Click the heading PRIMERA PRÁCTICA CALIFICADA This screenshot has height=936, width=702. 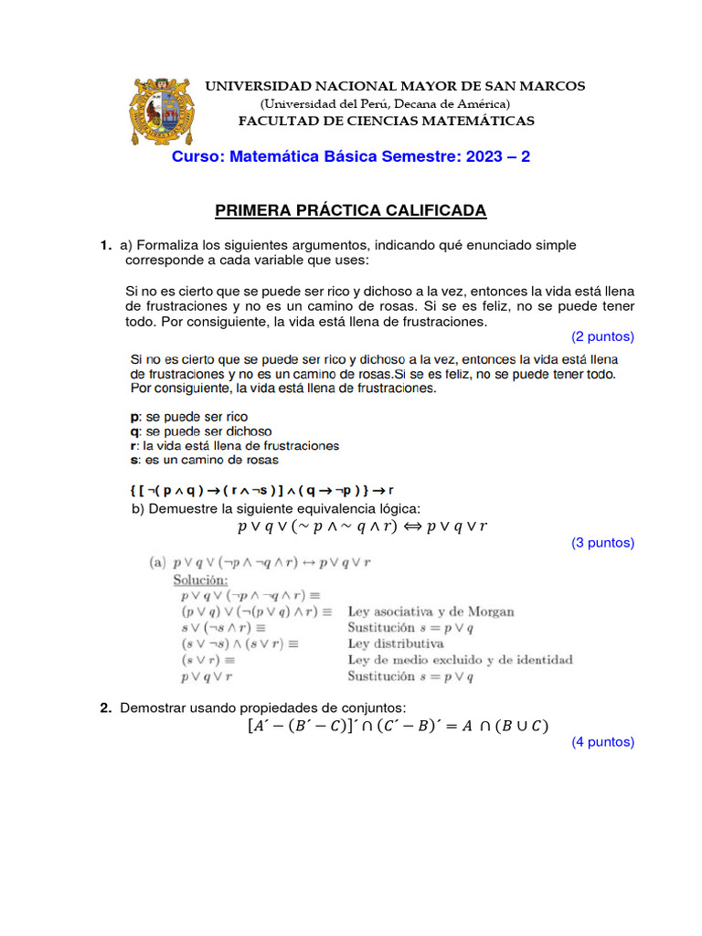(x=351, y=211)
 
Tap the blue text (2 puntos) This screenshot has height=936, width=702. (x=602, y=336)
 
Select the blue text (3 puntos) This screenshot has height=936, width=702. (x=602, y=543)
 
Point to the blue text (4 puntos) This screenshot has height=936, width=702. (x=602, y=742)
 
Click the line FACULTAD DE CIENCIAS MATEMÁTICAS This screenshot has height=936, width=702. (x=387, y=121)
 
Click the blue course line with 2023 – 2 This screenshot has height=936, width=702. (x=351, y=157)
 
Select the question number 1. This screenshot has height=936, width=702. (x=106, y=246)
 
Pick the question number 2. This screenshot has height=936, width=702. (x=106, y=708)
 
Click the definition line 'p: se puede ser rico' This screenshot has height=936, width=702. (x=189, y=417)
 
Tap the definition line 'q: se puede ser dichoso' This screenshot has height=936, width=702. (x=201, y=431)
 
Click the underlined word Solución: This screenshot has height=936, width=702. (x=201, y=580)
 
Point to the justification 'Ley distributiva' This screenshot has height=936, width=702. (x=395, y=643)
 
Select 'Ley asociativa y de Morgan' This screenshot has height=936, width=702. (x=431, y=612)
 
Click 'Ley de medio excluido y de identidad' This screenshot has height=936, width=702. (x=460, y=660)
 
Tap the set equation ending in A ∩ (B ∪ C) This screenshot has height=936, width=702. (x=397, y=727)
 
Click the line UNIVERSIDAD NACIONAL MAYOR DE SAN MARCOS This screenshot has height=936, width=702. (x=395, y=86)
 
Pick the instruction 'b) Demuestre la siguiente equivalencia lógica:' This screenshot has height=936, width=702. (x=277, y=508)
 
